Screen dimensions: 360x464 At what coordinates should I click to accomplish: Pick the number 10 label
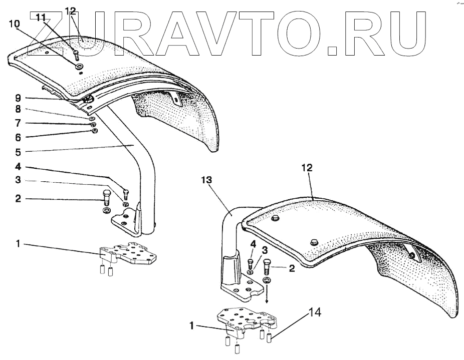click(15, 24)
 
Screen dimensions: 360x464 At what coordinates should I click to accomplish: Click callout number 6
click(17, 137)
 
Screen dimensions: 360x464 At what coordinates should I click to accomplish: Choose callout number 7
click(17, 123)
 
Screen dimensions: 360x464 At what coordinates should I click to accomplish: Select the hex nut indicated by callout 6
click(94, 131)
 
